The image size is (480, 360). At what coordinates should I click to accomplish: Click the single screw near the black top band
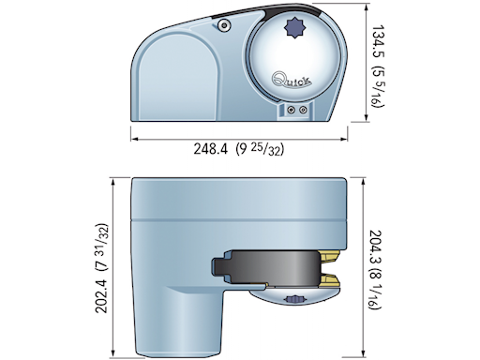[225, 27]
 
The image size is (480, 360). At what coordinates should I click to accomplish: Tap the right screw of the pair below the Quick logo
[301, 110]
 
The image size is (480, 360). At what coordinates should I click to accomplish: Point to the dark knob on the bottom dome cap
[295, 300]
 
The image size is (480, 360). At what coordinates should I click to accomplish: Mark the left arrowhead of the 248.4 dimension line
[133, 138]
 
